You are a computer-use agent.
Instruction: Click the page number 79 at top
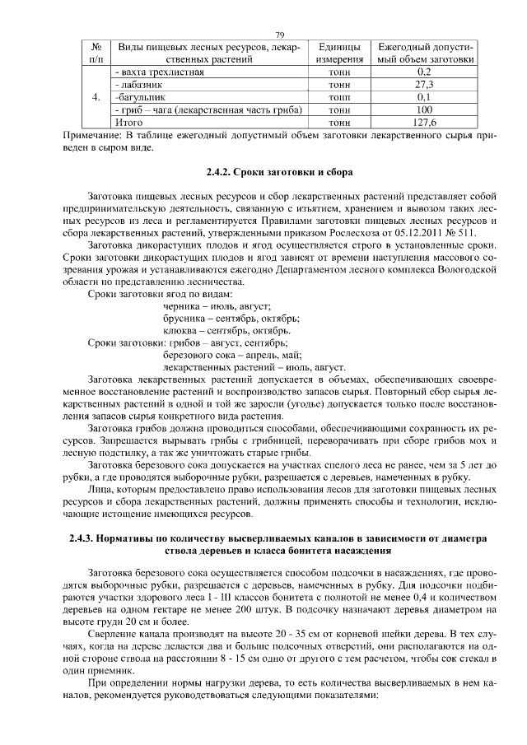click(x=279, y=34)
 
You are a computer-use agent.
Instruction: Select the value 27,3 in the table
click(x=424, y=84)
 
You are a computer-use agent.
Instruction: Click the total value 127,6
click(x=424, y=122)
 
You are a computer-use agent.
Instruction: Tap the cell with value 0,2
click(x=424, y=72)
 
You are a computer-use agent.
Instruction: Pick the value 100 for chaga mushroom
click(x=424, y=109)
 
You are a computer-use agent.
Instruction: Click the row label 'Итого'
click(x=128, y=122)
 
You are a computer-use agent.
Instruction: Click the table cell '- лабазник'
click(x=144, y=84)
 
